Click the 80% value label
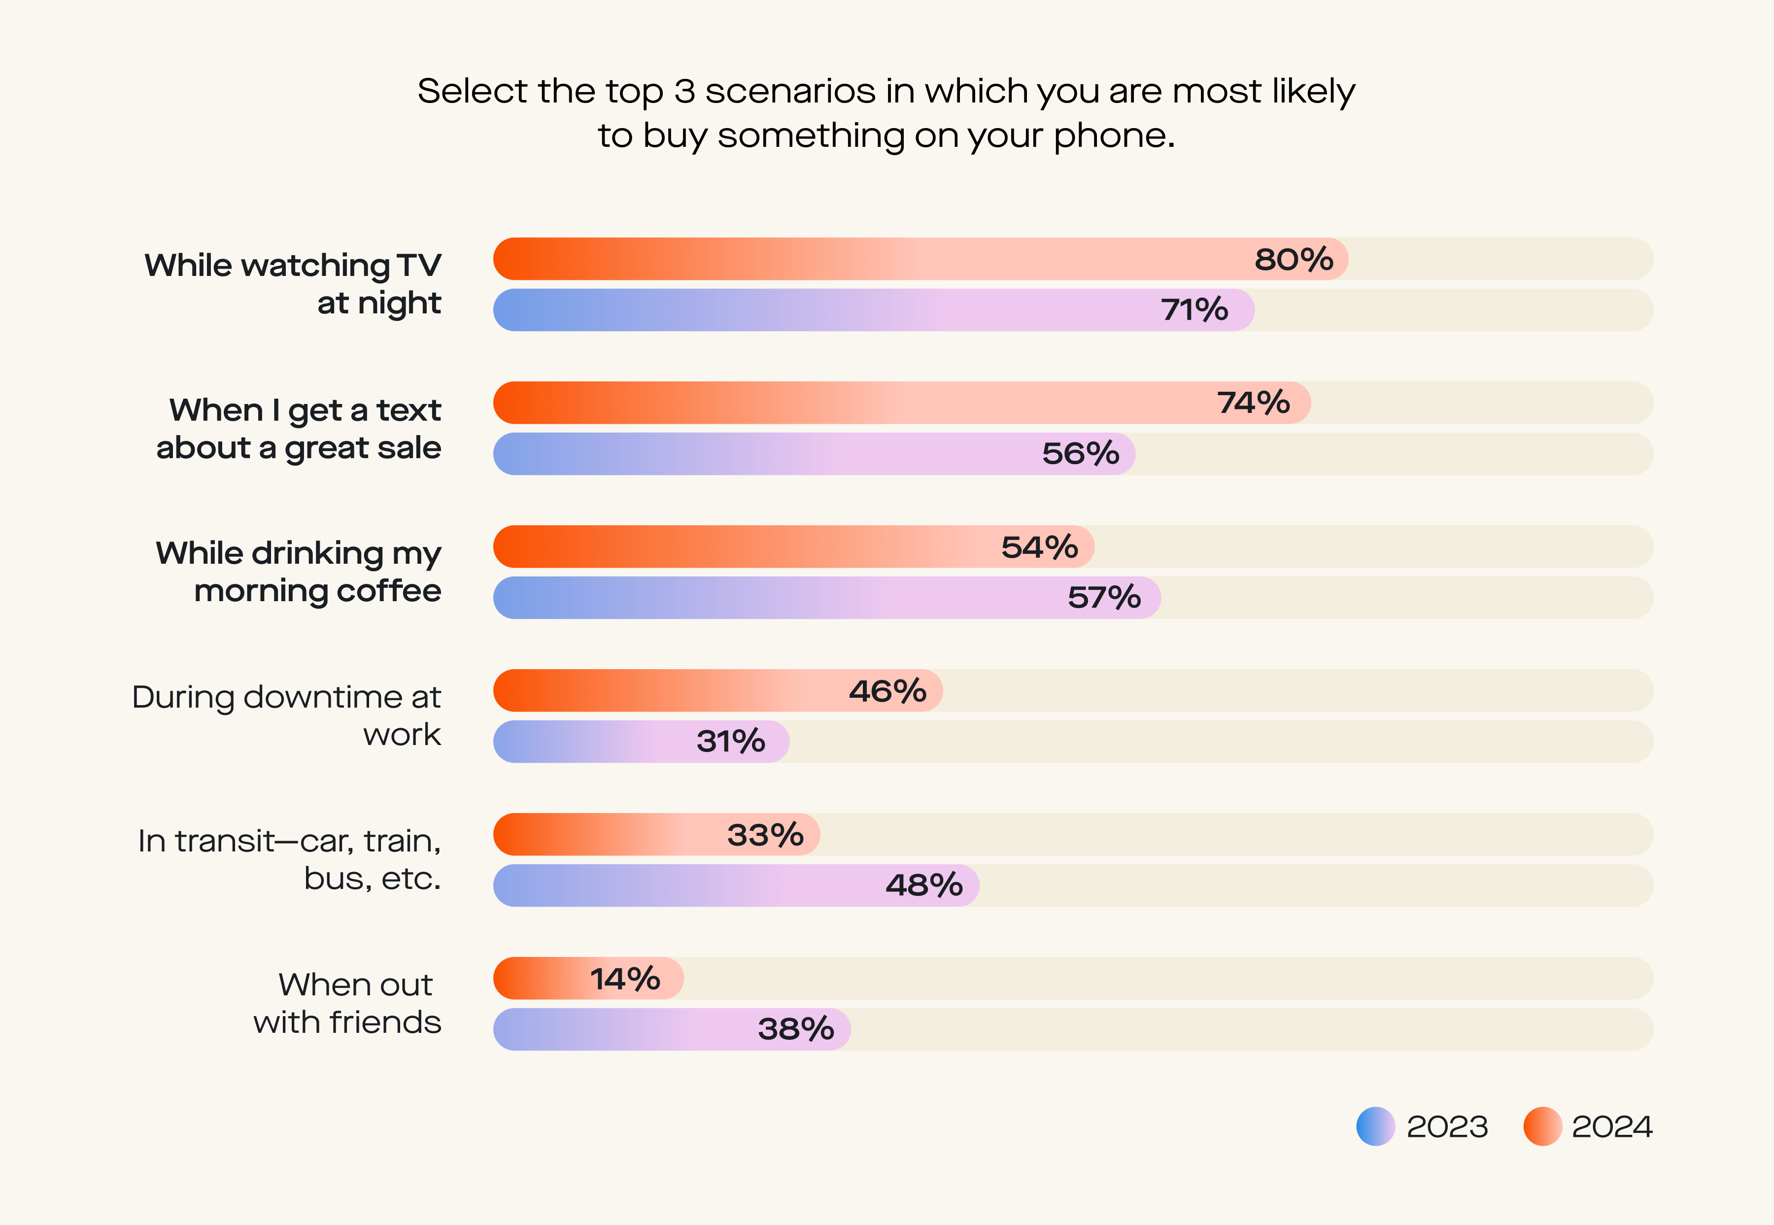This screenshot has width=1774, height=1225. pos(1294,259)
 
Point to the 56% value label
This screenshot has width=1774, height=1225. pos(1080,454)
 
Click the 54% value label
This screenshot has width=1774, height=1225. pos(1039,547)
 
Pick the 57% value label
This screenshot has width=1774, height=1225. pos(1104,598)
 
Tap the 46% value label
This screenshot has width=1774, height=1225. pos(887,691)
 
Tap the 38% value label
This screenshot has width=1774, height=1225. pos(795,1029)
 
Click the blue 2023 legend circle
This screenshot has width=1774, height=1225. pos(1375,1126)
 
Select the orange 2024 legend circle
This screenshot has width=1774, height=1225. pos(1542,1126)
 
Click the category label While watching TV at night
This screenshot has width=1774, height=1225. pos(293,284)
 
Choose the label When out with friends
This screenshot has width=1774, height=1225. pos(348,1003)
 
